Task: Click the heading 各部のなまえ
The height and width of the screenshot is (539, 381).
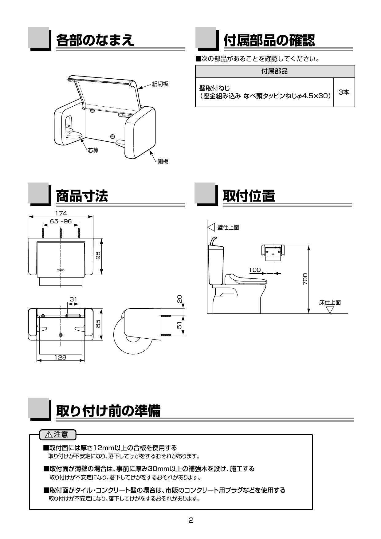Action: pos(95,40)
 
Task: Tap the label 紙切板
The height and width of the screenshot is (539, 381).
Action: pos(160,84)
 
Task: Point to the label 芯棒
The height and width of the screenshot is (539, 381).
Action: pos(93,151)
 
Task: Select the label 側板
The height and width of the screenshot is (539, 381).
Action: pos(163,161)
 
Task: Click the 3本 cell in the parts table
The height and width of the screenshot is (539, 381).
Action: pos(344,92)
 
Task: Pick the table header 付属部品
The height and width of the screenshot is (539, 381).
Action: pos(274,71)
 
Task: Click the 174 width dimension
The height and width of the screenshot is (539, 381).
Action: pos(61,213)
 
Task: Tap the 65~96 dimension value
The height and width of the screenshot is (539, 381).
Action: pos(61,221)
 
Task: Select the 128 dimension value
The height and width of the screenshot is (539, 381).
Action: pos(61,357)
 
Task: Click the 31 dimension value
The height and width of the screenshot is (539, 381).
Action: pos(73,299)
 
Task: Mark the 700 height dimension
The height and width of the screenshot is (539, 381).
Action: pos(305,279)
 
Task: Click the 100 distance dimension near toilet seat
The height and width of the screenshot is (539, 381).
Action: pos(255,270)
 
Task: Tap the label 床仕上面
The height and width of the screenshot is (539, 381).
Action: pos(330,303)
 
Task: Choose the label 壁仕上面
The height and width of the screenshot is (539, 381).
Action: pos(228,227)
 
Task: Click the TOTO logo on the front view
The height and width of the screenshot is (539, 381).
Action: pos(61,270)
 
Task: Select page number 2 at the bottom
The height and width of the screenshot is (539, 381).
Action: pos(191,520)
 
